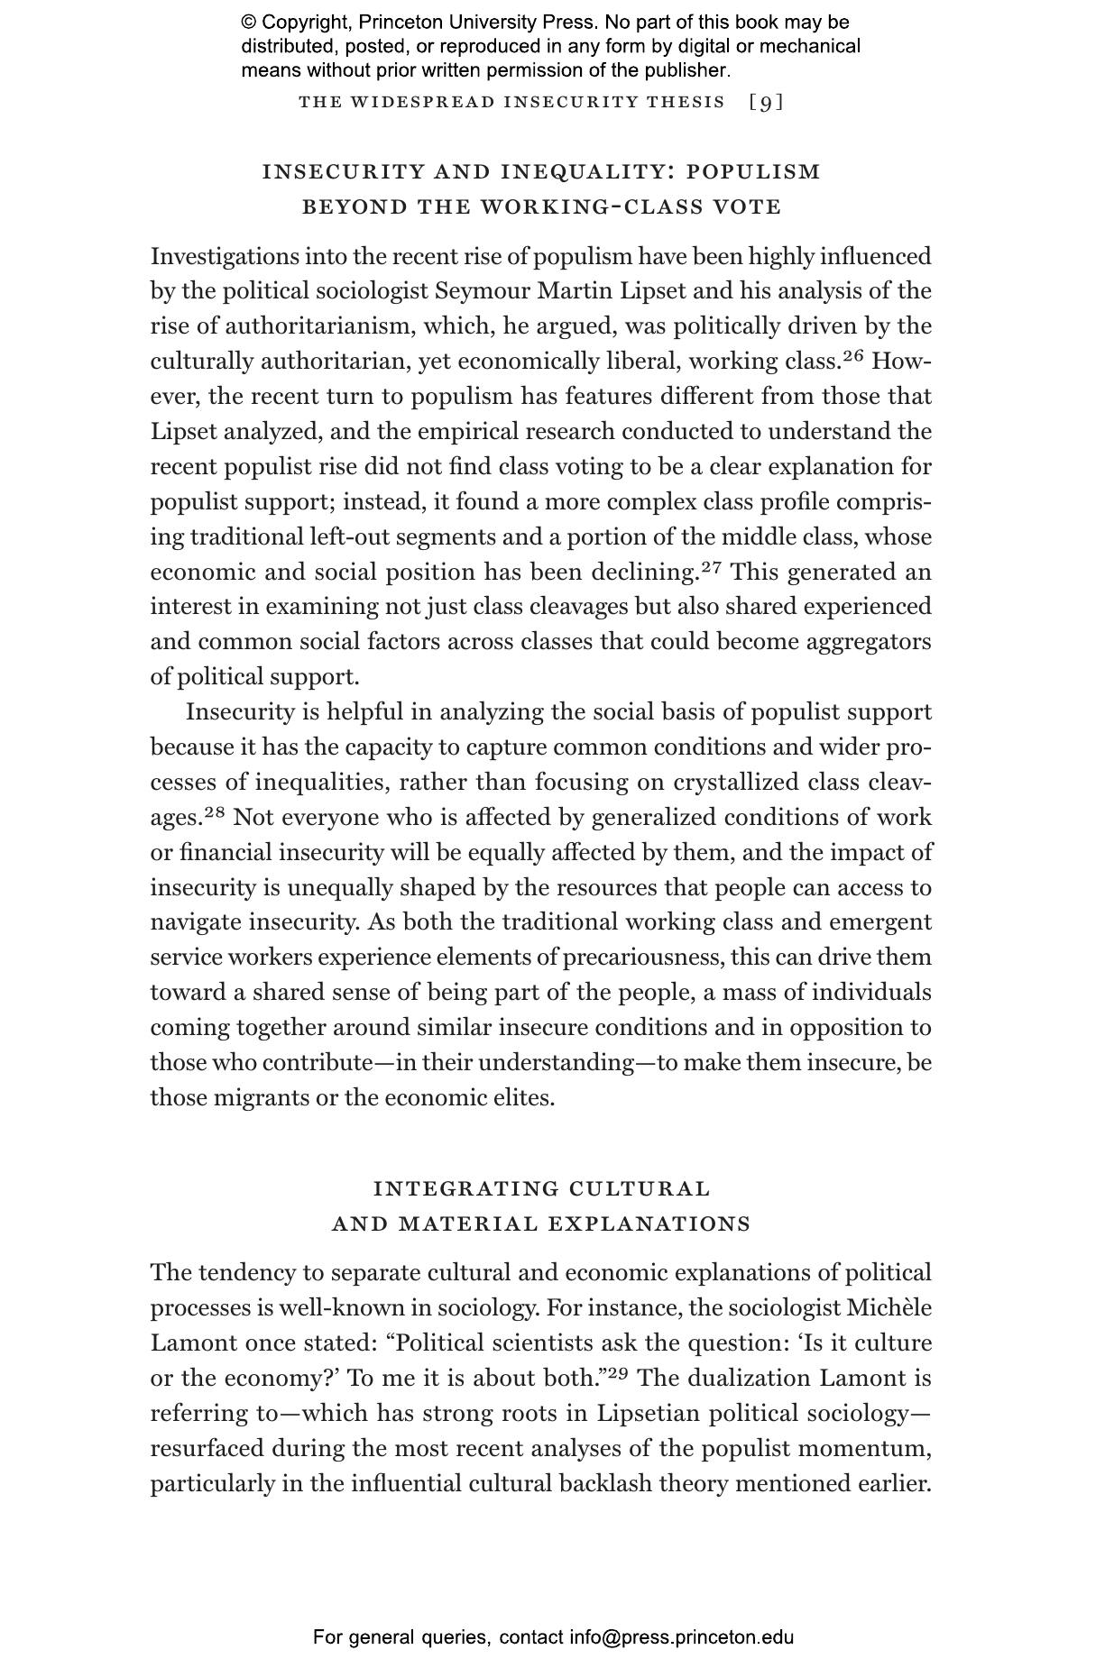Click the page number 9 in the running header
[x=767, y=103]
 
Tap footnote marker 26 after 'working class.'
[x=853, y=356]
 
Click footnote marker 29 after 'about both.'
[x=618, y=1373]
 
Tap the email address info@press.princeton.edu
[x=681, y=1637]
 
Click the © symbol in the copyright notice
[x=248, y=23]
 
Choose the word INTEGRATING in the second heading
[x=466, y=1188]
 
